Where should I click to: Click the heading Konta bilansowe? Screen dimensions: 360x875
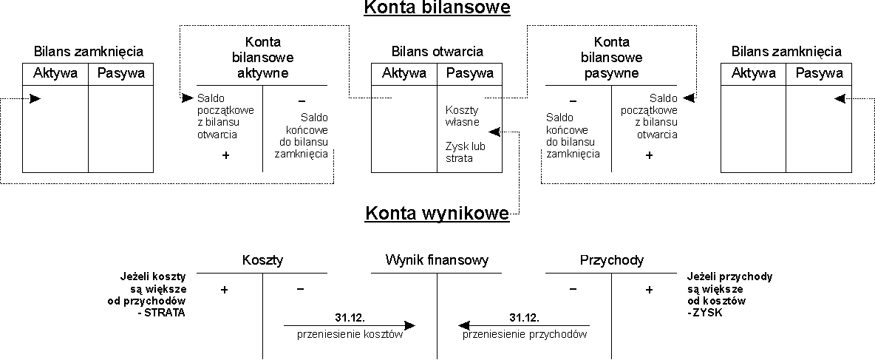point(437,9)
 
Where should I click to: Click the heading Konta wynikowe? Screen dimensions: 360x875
point(437,214)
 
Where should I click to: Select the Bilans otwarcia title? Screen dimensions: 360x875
point(437,52)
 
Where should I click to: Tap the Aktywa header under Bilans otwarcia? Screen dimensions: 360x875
point(404,73)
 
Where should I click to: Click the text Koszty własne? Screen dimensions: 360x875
point(463,116)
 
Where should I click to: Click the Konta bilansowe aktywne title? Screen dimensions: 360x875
point(262,58)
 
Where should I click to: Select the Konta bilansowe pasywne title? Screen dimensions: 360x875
point(613,58)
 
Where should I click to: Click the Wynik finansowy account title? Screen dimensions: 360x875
point(437,260)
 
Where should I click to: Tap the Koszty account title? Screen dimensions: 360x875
point(262,260)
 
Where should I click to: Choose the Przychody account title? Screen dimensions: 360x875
point(612,260)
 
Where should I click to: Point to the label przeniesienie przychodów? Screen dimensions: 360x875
point(525,334)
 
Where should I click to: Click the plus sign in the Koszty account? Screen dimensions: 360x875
point(225,291)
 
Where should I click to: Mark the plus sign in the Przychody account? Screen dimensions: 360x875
point(649,291)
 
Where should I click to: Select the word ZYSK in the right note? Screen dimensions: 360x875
point(707,313)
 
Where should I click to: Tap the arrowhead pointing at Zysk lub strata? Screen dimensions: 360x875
point(494,132)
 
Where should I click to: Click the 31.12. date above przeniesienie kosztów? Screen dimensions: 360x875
point(350,317)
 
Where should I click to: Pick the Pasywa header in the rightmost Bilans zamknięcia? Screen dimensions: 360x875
point(820,73)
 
